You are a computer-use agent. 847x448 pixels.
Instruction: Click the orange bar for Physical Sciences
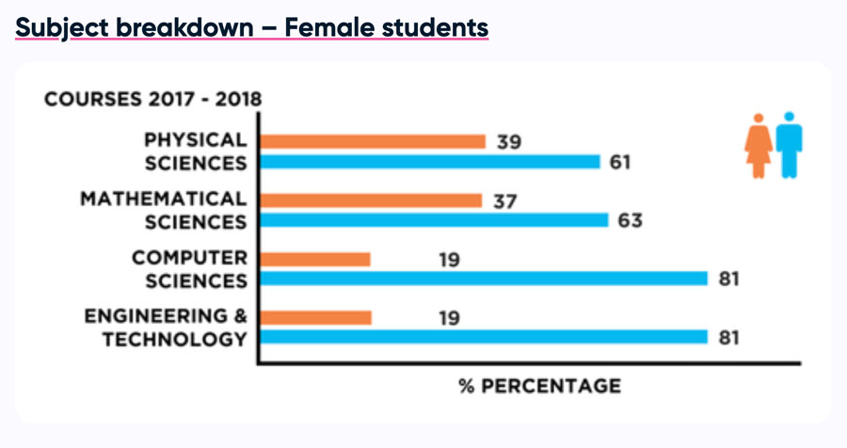tap(373, 141)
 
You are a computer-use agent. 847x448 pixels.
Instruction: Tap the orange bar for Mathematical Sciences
tap(371, 200)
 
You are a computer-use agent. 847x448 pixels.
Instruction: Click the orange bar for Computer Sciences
tap(315, 259)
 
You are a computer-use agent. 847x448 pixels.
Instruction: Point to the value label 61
tap(621, 163)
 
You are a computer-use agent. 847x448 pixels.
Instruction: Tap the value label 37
tap(503, 200)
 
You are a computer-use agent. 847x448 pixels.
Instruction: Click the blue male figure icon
tap(789, 145)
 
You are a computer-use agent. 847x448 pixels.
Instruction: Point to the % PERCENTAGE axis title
tap(539, 386)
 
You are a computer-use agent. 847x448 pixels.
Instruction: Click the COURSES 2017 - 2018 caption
tap(153, 100)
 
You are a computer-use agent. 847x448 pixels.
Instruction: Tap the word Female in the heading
tap(329, 28)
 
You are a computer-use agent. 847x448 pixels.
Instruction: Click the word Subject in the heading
tap(59, 28)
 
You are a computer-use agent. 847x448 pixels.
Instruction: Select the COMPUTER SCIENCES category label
tap(189, 269)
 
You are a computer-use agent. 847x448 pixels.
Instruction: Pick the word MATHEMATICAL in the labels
tap(164, 200)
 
